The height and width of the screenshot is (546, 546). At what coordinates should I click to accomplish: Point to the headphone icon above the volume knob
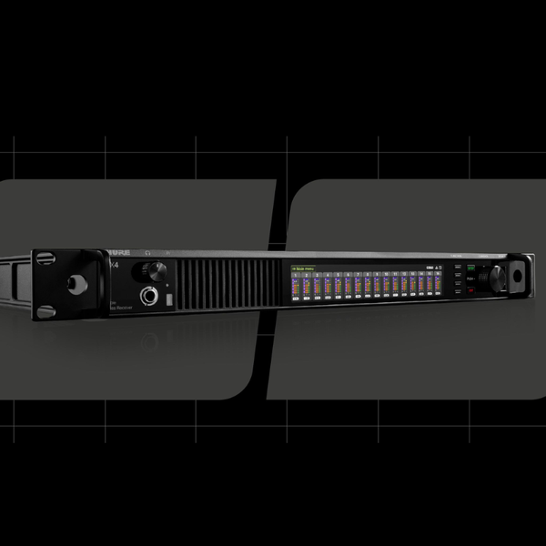[148, 257]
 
